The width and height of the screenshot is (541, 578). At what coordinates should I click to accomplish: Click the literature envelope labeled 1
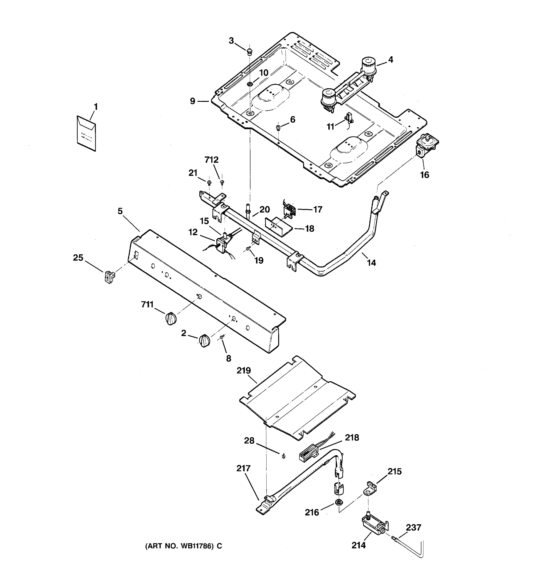(x=86, y=133)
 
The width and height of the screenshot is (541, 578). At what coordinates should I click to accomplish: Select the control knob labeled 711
(x=171, y=318)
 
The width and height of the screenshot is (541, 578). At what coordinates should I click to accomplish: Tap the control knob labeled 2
(x=204, y=341)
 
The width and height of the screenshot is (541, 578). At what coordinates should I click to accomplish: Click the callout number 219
(x=244, y=371)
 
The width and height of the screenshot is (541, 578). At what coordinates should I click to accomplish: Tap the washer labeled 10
(x=249, y=84)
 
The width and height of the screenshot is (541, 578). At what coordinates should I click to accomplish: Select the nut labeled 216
(x=338, y=502)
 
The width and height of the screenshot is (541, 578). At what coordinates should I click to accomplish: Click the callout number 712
(x=211, y=160)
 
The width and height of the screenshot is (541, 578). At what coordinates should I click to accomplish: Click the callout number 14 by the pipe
(x=371, y=263)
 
